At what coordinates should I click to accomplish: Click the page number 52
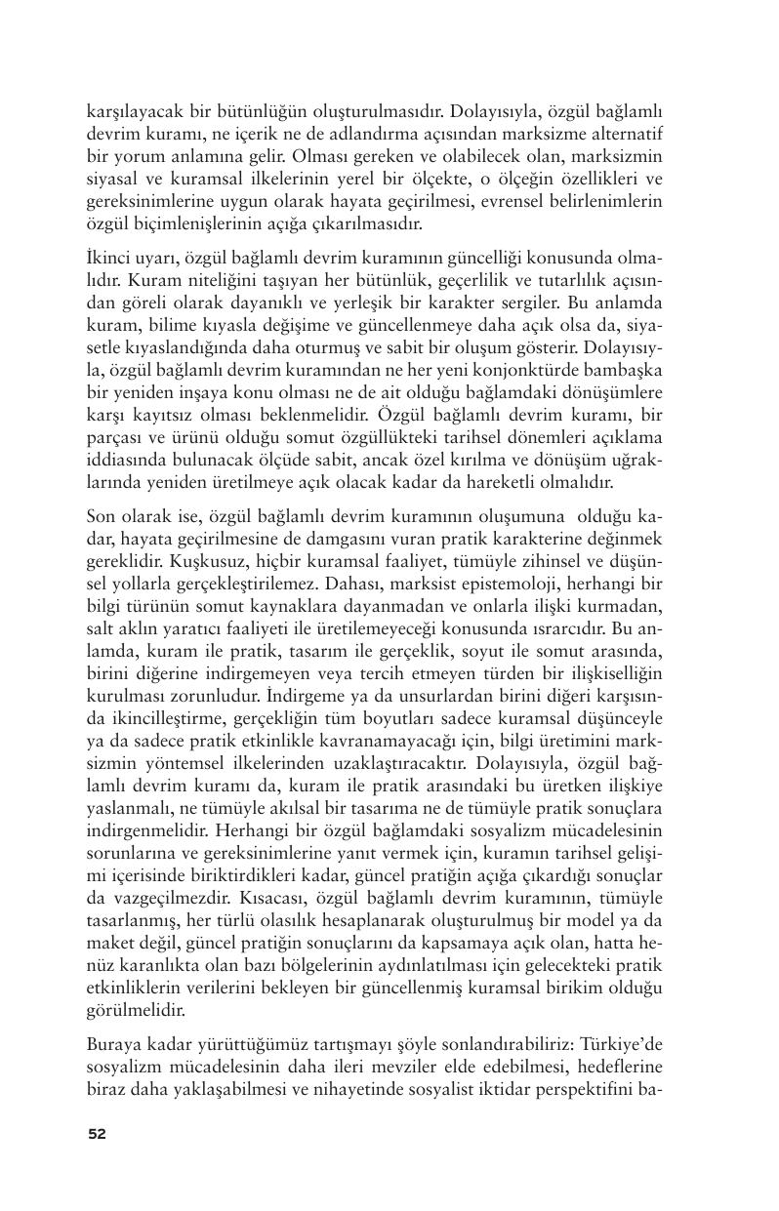pos(97,1134)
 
